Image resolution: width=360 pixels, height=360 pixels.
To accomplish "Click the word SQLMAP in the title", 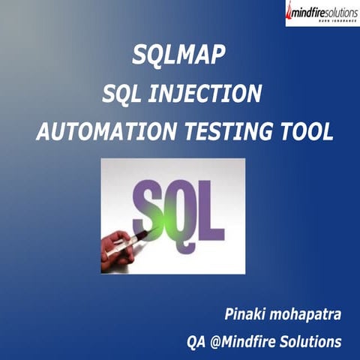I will coord(179,54).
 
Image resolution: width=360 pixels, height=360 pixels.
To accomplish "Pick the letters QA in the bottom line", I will coord(196,342).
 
